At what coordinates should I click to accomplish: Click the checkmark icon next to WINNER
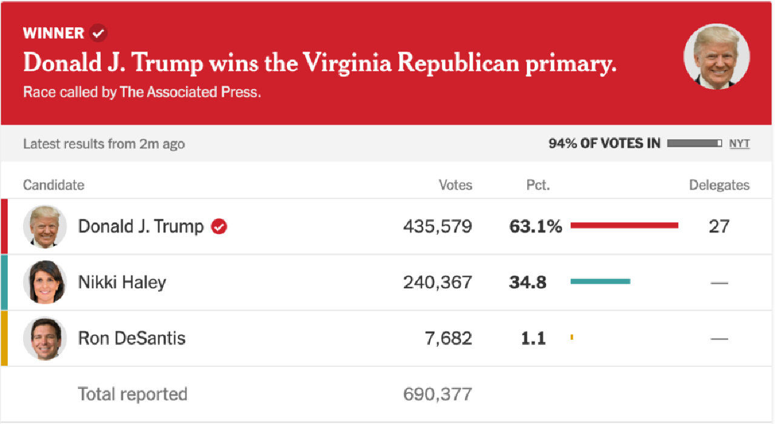pos(98,33)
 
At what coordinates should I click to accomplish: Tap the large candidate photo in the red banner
pos(717,58)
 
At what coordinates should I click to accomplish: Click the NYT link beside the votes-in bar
pos(739,144)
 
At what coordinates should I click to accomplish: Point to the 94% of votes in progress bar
pos(694,144)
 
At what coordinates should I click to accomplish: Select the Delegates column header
pos(719,185)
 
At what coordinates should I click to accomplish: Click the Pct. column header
pos(538,185)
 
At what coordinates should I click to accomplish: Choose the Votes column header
pos(455,185)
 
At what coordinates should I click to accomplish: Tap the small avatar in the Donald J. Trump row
pos(45,227)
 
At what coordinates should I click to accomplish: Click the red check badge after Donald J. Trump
pos(219,227)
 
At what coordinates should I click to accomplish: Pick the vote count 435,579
pos(437,227)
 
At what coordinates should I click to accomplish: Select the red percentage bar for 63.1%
pos(624,225)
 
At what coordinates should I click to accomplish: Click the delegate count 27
pos(719,227)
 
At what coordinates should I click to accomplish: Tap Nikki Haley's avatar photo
pos(45,282)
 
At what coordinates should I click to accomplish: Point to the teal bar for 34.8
pos(600,281)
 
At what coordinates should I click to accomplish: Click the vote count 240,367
pos(437,283)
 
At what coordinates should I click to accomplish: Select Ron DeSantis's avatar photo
pos(45,338)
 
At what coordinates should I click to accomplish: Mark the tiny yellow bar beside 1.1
pos(572,337)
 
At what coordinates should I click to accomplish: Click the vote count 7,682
pos(448,339)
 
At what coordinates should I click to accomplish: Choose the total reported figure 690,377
pos(437,394)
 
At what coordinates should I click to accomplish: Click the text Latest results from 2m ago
pos(104,144)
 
